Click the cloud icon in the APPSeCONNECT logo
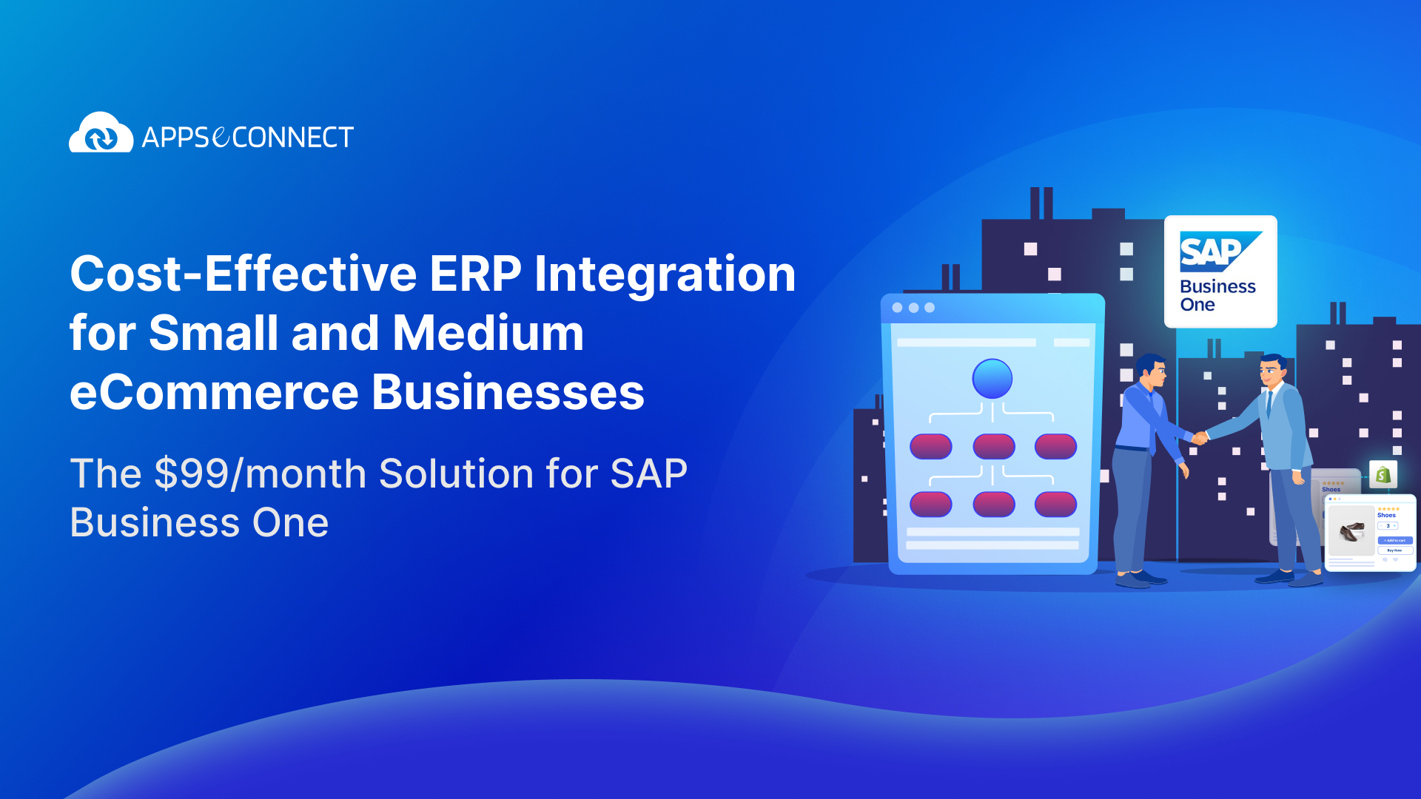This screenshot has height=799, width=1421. point(101,134)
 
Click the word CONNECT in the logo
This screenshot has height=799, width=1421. point(293,138)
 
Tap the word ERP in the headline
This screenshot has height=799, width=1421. point(475,274)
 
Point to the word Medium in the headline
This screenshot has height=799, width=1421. point(488,334)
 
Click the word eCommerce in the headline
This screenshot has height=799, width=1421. point(214,393)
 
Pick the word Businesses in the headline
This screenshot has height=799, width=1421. point(508,393)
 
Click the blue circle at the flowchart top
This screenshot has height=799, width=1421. point(992,379)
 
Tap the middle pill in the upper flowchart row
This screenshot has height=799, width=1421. point(993,446)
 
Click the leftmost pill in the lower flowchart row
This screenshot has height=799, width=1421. point(930,504)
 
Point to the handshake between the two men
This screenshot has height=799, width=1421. point(1200,437)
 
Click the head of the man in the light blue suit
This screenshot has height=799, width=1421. point(1272,371)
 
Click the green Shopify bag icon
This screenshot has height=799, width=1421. point(1383,475)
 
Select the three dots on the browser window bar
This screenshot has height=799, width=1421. point(913,308)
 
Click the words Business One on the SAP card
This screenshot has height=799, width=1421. point(1217,295)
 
